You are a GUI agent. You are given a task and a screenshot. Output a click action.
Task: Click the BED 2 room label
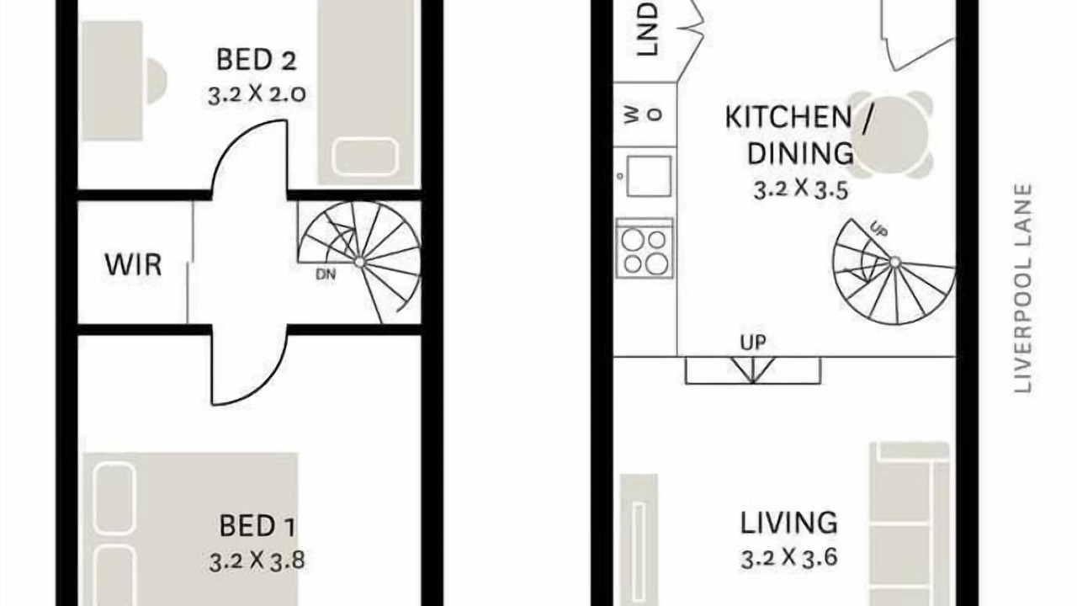tap(257, 60)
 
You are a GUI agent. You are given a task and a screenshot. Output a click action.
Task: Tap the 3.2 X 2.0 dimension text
tap(257, 93)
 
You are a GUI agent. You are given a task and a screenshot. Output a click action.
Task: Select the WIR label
tap(133, 264)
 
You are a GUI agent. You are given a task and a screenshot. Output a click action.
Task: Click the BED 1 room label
tap(257, 526)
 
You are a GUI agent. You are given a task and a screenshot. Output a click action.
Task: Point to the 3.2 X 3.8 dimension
tap(257, 561)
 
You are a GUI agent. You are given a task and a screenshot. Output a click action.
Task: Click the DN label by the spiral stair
tap(326, 274)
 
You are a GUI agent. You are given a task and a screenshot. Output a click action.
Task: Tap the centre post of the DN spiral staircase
tap(359, 262)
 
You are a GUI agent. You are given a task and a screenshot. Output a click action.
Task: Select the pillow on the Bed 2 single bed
tap(365, 157)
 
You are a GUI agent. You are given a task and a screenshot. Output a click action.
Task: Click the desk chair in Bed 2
tap(157, 81)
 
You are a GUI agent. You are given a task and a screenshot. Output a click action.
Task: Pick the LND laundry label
tap(647, 29)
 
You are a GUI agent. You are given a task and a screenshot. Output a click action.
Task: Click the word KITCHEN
tap(788, 117)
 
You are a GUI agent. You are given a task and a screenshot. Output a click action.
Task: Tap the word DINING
tap(800, 153)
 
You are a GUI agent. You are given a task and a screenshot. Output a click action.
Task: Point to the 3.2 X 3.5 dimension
tap(800, 190)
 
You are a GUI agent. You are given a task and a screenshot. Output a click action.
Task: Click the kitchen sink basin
tap(649, 176)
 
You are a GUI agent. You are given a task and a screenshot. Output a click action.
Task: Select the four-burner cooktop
tap(645, 248)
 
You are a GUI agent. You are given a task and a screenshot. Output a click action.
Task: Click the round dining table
tap(891, 135)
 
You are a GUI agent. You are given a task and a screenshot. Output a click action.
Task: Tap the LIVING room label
tap(788, 523)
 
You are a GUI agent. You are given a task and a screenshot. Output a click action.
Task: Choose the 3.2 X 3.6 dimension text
tap(789, 558)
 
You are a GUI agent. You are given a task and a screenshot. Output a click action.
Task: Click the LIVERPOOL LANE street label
tap(1023, 288)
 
